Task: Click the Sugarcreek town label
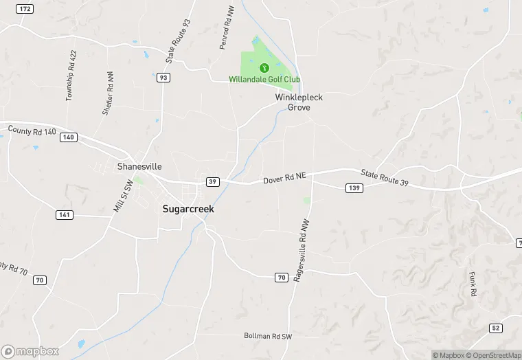[188, 209]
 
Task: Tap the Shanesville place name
[139, 166]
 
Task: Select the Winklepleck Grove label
[299, 102]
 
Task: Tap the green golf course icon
[264, 67]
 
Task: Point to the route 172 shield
[25, 8]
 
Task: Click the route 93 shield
[163, 78]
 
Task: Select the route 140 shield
[68, 137]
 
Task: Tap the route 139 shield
[354, 188]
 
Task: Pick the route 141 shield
[64, 215]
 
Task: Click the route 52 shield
[496, 328]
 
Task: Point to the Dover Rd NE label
[284, 179]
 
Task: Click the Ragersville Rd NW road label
[299, 251]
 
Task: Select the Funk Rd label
[473, 282]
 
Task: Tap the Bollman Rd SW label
[268, 336]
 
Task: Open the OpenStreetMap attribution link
[493, 355]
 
